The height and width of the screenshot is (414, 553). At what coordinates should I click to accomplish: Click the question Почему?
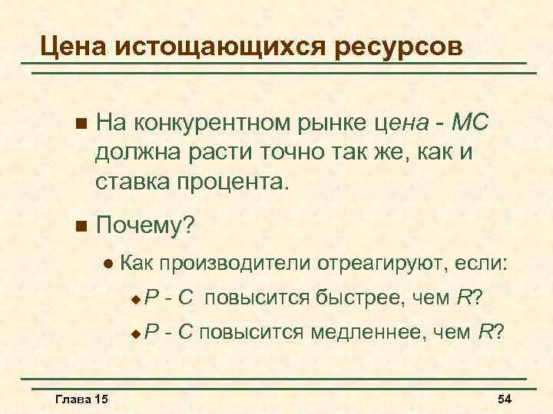[147, 227]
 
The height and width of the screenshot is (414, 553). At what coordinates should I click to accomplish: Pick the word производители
[236, 264]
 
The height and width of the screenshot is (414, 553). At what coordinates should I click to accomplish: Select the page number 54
[505, 399]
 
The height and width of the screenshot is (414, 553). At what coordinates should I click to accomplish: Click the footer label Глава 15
[82, 399]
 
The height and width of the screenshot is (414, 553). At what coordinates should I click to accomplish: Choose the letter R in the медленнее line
[485, 332]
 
